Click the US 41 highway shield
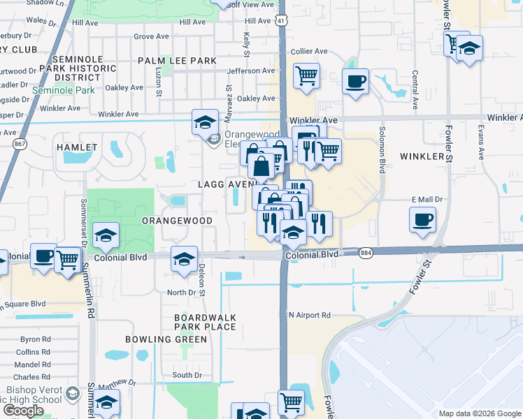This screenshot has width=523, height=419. pos(280,21)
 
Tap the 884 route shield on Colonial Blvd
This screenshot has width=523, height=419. pos(365,253)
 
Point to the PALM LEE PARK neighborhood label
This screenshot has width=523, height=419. pos(177,61)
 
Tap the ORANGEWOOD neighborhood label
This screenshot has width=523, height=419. pos(177,220)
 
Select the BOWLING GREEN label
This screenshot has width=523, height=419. pos(166,339)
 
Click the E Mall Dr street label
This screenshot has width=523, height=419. pos(428,200)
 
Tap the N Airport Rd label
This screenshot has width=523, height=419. pos(310,315)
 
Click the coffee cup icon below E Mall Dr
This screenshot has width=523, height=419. pos(422,221)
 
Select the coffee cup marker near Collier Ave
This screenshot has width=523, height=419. pos(355,81)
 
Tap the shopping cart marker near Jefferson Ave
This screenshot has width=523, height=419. pos(306,75)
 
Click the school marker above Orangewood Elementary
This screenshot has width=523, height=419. pos(204,122)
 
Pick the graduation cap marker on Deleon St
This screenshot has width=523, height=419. pos(183,258)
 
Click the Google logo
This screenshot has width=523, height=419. pos(23,411)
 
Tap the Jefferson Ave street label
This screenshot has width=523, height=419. pos(251,71)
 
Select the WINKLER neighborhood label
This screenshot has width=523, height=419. pos(423,156)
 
